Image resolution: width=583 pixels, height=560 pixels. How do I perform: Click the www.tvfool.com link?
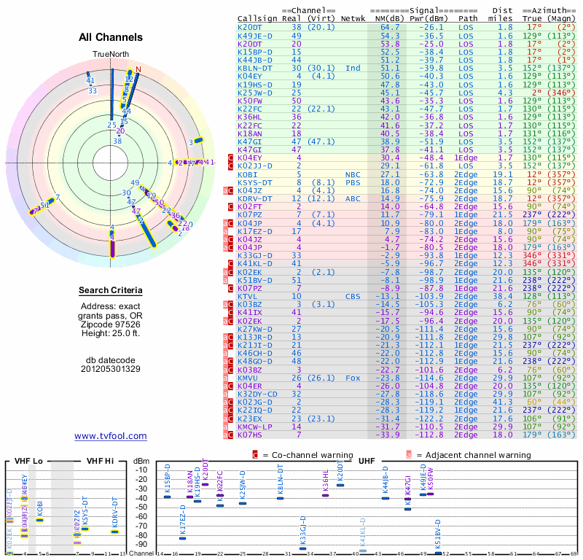[x=111, y=436]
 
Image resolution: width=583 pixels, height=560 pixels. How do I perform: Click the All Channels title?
[x=111, y=37]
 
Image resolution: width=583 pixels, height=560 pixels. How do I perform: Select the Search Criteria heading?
[x=111, y=291]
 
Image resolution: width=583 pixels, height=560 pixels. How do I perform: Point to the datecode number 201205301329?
[x=111, y=369]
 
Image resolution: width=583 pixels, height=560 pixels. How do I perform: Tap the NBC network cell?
[x=353, y=174]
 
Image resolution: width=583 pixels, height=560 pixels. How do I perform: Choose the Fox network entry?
[x=353, y=378]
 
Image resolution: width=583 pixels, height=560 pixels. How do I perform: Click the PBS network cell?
[x=353, y=182]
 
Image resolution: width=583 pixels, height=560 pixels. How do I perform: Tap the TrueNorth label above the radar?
[x=110, y=55]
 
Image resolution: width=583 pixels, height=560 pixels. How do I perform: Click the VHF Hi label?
[x=100, y=460]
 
